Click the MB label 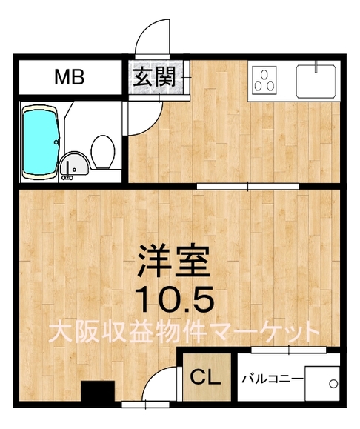[70, 77]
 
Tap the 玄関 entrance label [155, 77]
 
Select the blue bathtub [41, 142]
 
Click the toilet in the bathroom [103, 152]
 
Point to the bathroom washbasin [74, 165]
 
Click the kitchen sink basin [316, 81]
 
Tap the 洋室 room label [173, 261]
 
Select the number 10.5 [175, 299]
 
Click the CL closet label [205, 377]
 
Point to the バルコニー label [272, 379]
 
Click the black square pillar [98, 391]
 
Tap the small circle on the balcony [333, 384]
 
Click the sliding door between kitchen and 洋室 [248, 186]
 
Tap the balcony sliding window [289, 350]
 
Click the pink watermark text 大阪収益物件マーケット [184, 333]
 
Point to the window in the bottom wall [145, 405]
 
